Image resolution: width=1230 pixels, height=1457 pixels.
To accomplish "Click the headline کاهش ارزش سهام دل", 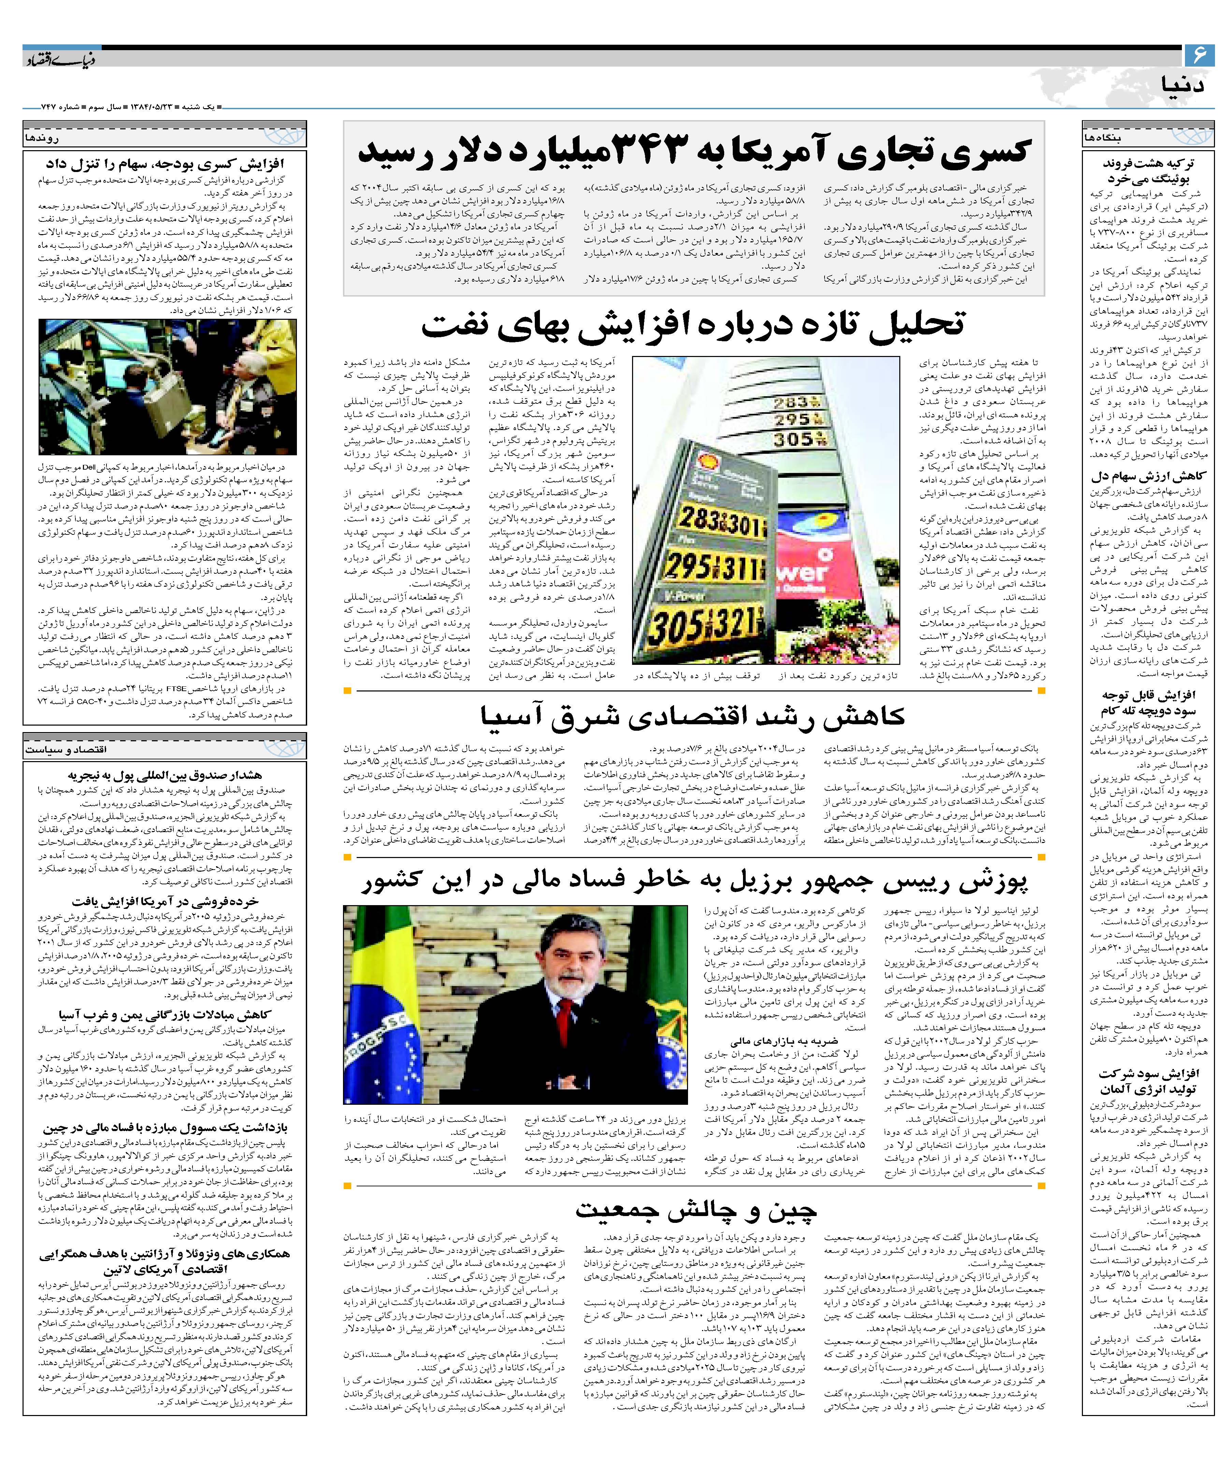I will click(1138, 477).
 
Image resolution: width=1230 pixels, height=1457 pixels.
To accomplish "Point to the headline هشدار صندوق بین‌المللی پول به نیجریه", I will click(165, 775).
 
